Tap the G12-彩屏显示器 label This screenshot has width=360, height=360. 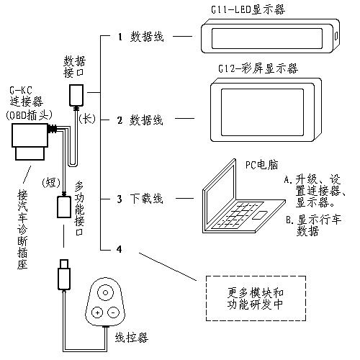coord(258,68)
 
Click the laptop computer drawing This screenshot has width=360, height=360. coord(238,202)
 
